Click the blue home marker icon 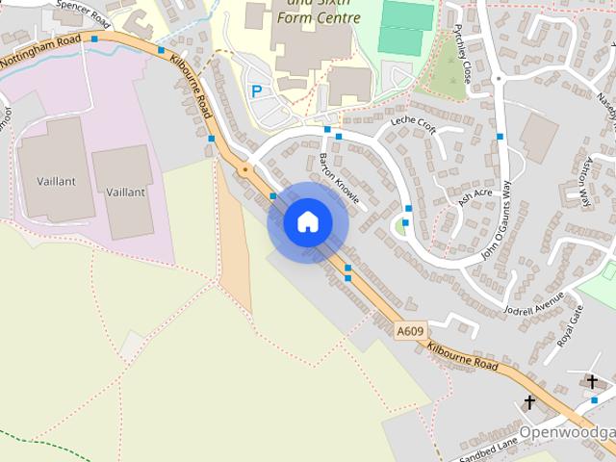[307, 221]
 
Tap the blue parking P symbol [256, 91]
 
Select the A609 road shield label [410, 331]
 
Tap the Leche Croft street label [413, 127]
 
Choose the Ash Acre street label [475, 197]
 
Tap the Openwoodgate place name [567, 431]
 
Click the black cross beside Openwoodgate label [529, 401]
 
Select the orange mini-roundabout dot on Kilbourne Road [244, 170]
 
